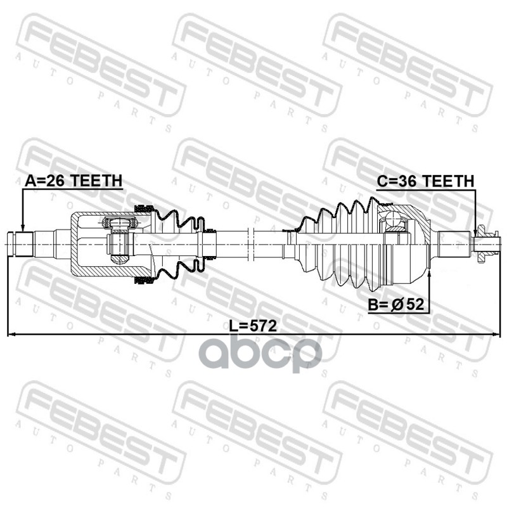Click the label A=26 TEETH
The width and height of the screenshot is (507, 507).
click(x=74, y=181)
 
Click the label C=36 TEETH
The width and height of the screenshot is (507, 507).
click(x=425, y=181)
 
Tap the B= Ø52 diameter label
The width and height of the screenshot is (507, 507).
click(x=395, y=304)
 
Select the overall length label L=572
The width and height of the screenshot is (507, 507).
click(x=253, y=326)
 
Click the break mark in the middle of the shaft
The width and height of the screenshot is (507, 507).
click(x=251, y=244)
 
